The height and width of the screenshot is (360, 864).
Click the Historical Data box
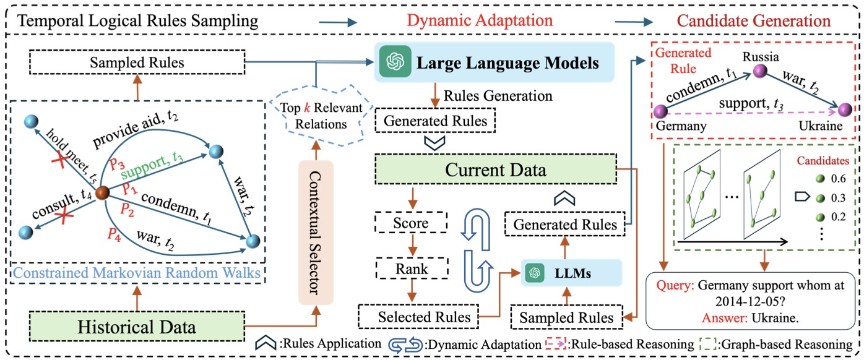tap(137, 327)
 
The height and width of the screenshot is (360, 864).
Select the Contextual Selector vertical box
tap(316, 233)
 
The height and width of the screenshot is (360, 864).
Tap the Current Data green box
tap(496, 169)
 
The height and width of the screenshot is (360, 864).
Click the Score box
tap(411, 223)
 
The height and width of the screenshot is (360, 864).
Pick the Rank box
tap(412, 268)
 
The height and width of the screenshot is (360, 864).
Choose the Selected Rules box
tap(418, 317)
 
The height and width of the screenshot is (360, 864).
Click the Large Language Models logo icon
tap(395, 61)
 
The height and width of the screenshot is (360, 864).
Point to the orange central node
tap(102, 192)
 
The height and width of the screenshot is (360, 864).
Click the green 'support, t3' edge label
tap(152, 165)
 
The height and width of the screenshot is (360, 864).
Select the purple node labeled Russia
tap(760, 71)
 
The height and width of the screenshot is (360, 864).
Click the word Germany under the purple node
tap(681, 126)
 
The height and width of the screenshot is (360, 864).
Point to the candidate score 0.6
tap(838, 179)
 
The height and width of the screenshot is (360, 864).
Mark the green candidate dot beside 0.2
tap(821, 217)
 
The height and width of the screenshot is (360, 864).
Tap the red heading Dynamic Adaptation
tap(480, 20)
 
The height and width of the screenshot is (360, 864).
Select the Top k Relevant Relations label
tap(321, 116)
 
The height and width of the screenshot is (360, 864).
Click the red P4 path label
tap(114, 234)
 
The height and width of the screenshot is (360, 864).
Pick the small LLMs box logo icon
tap(535, 273)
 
